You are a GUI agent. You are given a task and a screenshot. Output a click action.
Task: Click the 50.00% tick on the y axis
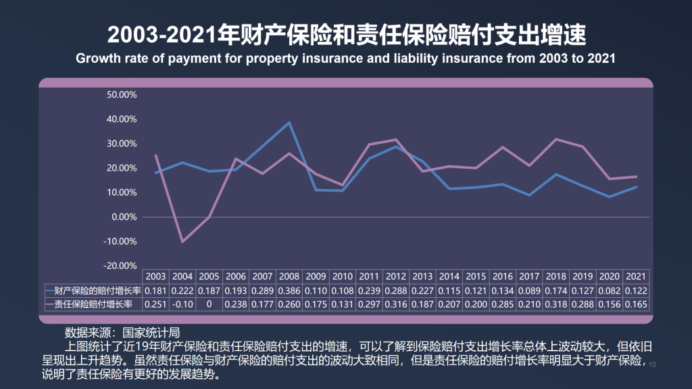click(x=122, y=95)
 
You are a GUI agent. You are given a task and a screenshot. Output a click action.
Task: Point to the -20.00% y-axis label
click(x=121, y=265)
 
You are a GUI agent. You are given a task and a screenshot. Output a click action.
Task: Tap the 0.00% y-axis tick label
click(x=124, y=217)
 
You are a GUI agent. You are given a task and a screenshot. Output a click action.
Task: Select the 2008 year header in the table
click(x=289, y=277)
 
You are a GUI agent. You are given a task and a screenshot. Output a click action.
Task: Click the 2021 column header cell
click(x=636, y=277)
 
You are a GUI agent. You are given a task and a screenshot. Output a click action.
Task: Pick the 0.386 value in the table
click(x=289, y=290)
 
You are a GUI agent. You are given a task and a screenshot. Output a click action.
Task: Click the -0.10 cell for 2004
click(x=182, y=305)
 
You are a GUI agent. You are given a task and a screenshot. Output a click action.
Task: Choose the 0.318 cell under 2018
click(x=556, y=305)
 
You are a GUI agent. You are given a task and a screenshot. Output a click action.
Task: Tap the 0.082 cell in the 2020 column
click(x=609, y=290)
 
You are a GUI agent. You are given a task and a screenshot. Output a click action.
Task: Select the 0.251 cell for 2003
click(x=156, y=305)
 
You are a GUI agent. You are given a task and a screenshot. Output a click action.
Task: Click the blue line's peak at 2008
click(x=289, y=122)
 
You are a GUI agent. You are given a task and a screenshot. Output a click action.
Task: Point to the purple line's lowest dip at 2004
click(x=182, y=241)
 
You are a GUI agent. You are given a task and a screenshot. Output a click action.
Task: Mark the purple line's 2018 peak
click(x=556, y=139)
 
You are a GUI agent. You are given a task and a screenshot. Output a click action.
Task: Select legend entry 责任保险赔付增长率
click(x=93, y=305)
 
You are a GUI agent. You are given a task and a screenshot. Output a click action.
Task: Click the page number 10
click(x=652, y=365)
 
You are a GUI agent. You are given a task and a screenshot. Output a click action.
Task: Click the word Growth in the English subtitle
click(x=97, y=58)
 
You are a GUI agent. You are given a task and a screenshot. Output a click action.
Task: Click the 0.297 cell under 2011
click(x=369, y=305)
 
